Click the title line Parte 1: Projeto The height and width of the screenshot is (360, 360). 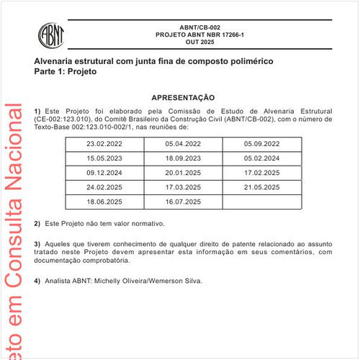(x=66, y=72)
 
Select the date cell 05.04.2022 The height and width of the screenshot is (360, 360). (x=183, y=143)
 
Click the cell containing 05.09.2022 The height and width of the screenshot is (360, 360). (x=262, y=143)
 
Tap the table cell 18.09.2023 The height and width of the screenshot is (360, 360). (x=183, y=158)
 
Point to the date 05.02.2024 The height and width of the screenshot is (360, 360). (x=262, y=158)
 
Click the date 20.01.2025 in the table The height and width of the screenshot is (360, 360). (x=183, y=174)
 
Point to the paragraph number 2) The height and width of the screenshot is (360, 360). (x=37, y=224)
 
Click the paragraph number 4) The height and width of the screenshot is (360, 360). (x=37, y=280)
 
